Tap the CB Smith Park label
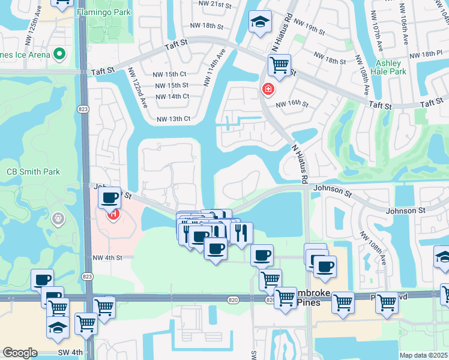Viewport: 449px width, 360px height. pyautogui.click(x=34, y=172)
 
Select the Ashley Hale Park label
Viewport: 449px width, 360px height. pyautogui.click(x=391, y=67)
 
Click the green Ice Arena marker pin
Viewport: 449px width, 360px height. pyautogui.click(x=59, y=55)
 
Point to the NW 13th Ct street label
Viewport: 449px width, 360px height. pyautogui.click(x=173, y=119)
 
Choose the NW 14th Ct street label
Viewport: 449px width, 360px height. pyautogui.click(x=172, y=97)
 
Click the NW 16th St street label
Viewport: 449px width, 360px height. pyautogui.click(x=292, y=104)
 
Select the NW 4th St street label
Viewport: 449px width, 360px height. pyautogui.click(x=107, y=257)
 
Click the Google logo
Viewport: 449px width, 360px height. pyautogui.click(x=19, y=353)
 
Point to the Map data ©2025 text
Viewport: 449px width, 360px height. pyautogui.click(x=424, y=355)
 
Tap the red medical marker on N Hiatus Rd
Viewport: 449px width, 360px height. pyautogui.click(x=268, y=90)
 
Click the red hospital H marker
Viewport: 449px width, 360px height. pyautogui.click(x=112, y=213)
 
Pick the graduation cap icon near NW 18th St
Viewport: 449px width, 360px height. pyautogui.click(x=260, y=22)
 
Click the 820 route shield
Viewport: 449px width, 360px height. pyautogui.click(x=234, y=299)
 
